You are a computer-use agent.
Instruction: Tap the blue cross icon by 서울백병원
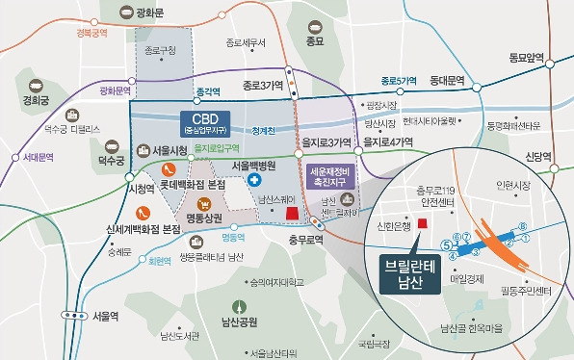pos(254,180)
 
